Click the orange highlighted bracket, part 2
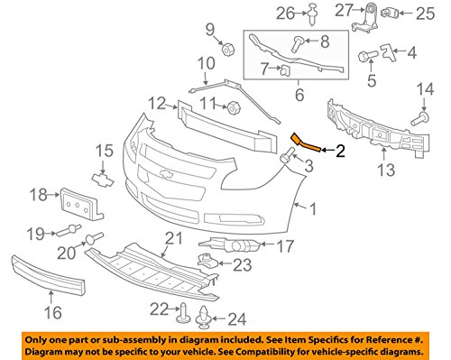tap(305, 143)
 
